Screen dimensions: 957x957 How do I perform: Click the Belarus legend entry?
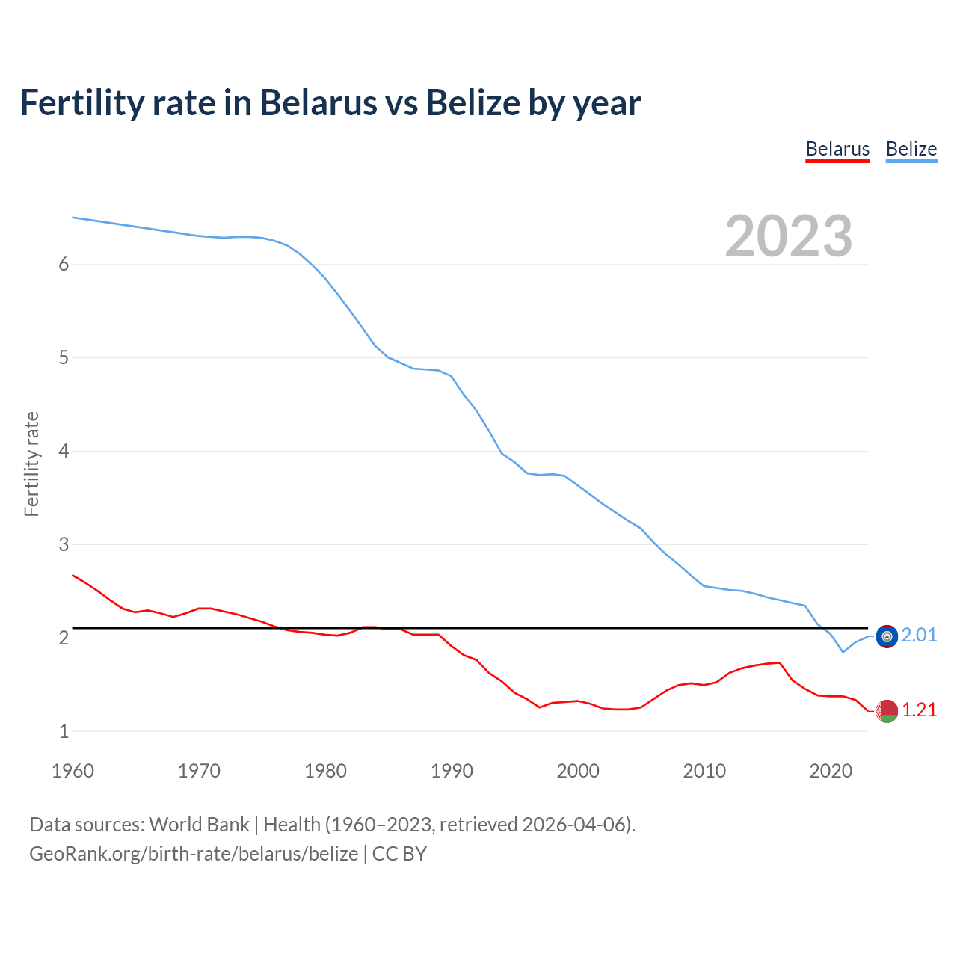(x=837, y=150)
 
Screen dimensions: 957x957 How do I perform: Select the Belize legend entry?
(x=911, y=150)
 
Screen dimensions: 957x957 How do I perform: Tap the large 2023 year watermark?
(x=788, y=236)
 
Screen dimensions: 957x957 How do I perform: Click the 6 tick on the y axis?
(x=64, y=265)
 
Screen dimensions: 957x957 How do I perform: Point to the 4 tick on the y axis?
(x=64, y=452)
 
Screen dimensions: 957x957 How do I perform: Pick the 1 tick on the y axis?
(x=64, y=732)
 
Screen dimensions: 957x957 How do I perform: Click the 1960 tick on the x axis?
(x=73, y=771)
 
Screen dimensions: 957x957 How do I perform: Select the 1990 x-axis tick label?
(x=452, y=771)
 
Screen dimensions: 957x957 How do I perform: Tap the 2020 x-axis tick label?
(x=831, y=771)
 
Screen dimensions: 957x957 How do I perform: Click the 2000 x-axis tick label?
(x=578, y=771)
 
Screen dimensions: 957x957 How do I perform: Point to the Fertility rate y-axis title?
(x=31, y=464)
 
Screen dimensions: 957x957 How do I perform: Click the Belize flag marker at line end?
(x=887, y=636)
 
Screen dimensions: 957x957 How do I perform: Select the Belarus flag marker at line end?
(x=887, y=711)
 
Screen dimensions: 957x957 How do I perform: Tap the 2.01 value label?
(x=919, y=636)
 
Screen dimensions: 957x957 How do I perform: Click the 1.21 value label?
(x=919, y=710)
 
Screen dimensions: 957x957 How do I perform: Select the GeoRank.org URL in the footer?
(x=193, y=854)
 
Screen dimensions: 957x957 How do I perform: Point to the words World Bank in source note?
(x=199, y=825)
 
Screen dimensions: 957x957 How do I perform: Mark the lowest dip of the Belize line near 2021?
(x=843, y=653)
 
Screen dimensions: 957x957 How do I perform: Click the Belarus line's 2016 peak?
(x=780, y=662)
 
